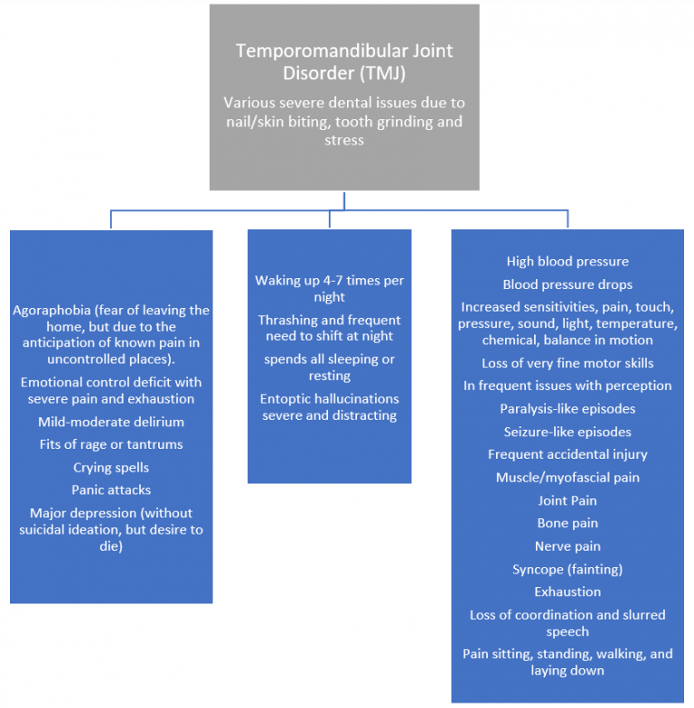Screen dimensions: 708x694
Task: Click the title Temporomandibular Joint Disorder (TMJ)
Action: (343, 61)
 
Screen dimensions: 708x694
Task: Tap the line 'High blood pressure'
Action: (567, 262)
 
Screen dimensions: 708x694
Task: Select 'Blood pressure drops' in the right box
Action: (567, 284)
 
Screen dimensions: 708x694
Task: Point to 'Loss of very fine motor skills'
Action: (567, 363)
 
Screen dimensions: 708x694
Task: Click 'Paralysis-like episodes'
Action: (567, 409)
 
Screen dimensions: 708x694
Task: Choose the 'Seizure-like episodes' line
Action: (567, 432)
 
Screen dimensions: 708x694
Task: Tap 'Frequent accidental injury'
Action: (567, 454)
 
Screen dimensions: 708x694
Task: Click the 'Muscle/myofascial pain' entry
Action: (567, 477)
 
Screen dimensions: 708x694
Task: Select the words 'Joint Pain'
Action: (567, 500)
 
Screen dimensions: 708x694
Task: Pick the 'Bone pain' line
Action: (567, 523)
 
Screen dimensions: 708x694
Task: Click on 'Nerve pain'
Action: (567, 546)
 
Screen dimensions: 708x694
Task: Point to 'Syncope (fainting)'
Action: (567, 569)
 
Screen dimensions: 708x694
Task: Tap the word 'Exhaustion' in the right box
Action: (567, 592)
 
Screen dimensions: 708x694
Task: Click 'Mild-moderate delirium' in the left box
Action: (111, 422)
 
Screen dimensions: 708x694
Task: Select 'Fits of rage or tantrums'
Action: (111, 444)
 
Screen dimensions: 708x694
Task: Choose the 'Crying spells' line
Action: (111, 468)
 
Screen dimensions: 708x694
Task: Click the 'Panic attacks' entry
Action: (111, 490)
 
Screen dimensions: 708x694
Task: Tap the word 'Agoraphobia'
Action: (51, 310)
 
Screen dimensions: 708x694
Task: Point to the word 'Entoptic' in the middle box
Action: (288, 398)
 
